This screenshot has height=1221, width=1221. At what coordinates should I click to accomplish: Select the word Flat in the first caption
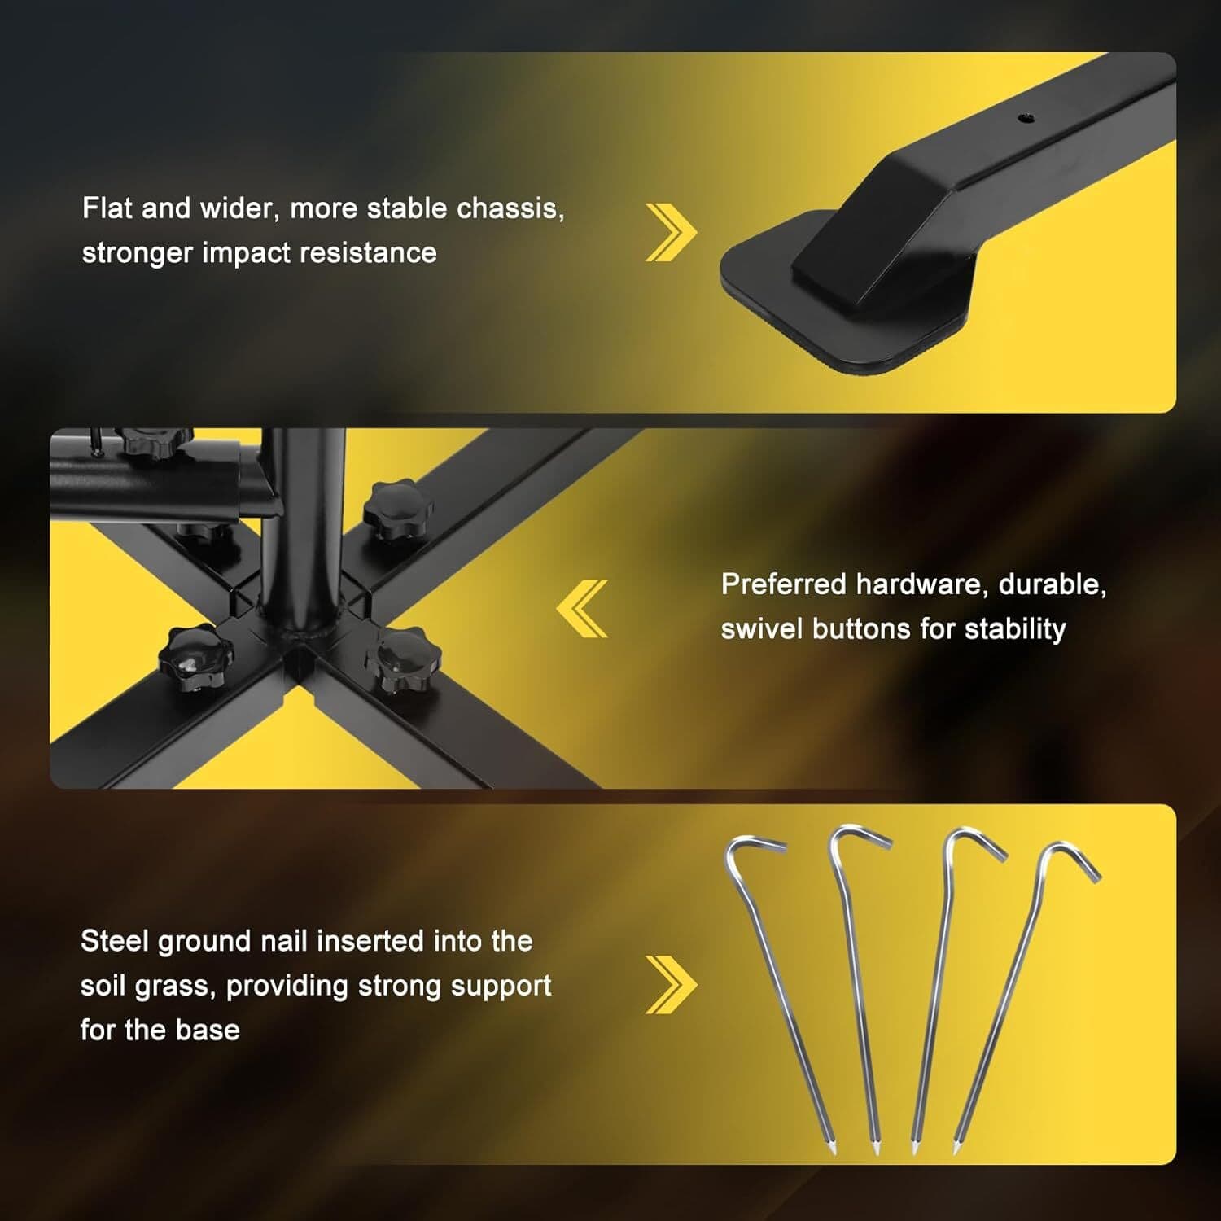[x=107, y=208]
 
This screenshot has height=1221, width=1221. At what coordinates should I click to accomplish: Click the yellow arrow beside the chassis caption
[x=671, y=233]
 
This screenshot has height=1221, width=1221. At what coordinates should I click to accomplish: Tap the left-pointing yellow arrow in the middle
[x=583, y=608]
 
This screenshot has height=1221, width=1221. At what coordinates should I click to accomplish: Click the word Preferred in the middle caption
[x=783, y=584]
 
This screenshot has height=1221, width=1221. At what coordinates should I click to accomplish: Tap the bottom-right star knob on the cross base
[x=403, y=658]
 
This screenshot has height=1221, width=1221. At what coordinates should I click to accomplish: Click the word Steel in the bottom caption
[x=114, y=942]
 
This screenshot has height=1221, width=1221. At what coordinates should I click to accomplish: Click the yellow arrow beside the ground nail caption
[x=671, y=985]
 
